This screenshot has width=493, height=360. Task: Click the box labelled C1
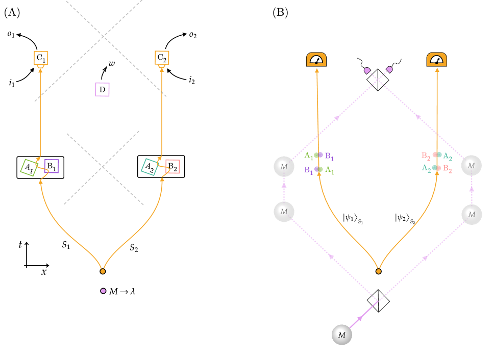click(x=41, y=58)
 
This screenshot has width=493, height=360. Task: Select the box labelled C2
click(x=162, y=58)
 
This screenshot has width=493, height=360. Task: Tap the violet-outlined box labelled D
click(x=102, y=90)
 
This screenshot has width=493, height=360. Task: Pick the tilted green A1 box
click(x=29, y=167)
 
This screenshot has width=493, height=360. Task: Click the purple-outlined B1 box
click(x=52, y=166)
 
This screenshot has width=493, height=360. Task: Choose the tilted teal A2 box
click(x=149, y=167)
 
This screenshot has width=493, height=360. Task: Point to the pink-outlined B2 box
click(x=172, y=167)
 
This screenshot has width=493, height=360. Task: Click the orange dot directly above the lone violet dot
click(x=103, y=271)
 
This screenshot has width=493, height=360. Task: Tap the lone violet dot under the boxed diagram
click(x=103, y=291)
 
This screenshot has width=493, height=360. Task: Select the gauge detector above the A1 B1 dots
click(x=316, y=60)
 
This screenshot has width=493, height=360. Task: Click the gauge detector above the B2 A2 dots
click(x=436, y=60)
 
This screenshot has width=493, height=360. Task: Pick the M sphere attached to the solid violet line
click(x=342, y=335)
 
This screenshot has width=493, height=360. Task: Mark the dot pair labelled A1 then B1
click(x=318, y=155)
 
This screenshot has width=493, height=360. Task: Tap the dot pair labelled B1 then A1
click(x=318, y=169)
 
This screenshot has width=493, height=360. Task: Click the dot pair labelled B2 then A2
click(x=437, y=155)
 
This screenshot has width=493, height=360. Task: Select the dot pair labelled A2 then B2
click(x=436, y=168)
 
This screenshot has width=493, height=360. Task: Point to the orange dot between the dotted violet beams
click(x=378, y=271)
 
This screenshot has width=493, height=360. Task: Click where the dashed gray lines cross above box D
click(x=104, y=36)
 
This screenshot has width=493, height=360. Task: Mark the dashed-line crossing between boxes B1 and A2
click(x=104, y=167)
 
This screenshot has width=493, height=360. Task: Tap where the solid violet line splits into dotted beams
click(x=378, y=301)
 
